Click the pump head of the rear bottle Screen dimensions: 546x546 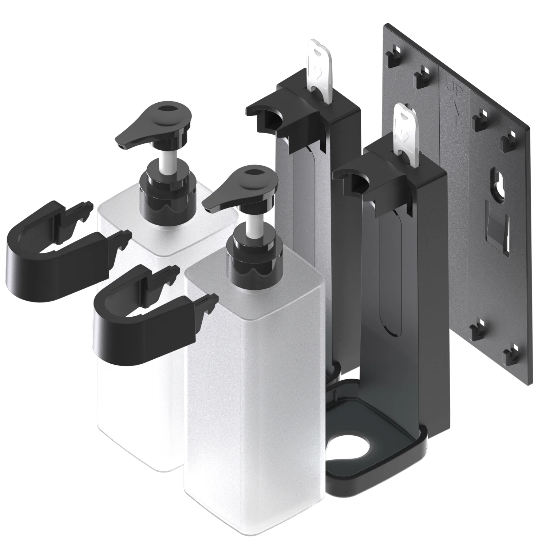(160, 124)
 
